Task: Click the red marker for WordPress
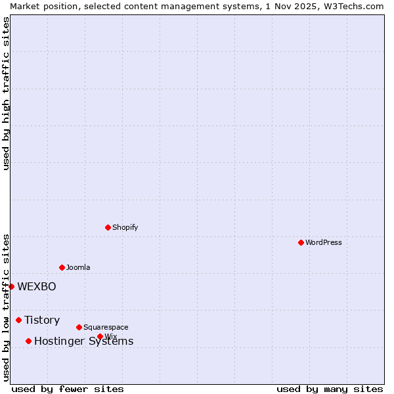pyautogui.click(x=301, y=242)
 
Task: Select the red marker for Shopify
pyautogui.click(x=108, y=227)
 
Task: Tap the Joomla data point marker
pyautogui.click(x=62, y=267)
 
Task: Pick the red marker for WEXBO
pyautogui.click(x=11, y=286)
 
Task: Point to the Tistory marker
pyautogui.click(x=18, y=320)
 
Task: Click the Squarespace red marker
pyautogui.click(x=79, y=327)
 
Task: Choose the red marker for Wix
pyautogui.click(x=100, y=336)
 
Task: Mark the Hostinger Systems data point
pyautogui.click(x=28, y=341)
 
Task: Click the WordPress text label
pyautogui.click(x=324, y=242)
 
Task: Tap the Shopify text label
pyautogui.click(x=125, y=227)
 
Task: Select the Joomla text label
pyautogui.click(x=78, y=267)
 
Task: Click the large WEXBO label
pyautogui.click(x=37, y=286)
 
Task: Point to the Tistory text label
pyautogui.click(x=42, y=320)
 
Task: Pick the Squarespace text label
pyautogui.click(x=106, y=327)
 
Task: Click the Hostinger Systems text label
pyautogui.click(x=83, y=341)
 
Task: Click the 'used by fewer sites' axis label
pyautogui.click(x=68, y=389)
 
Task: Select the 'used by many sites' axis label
pyautogui.click(x=330, y=389)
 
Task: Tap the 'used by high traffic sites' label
pyautogui.click(x=6, y=93)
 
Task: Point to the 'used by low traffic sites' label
pyautogui.click(x=6, y=307)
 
